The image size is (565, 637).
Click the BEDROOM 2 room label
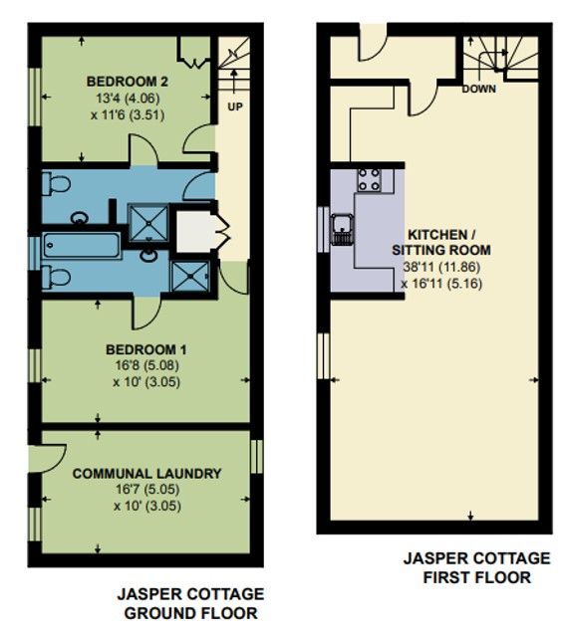pos(126,82)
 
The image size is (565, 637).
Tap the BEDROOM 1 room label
pos(146,349)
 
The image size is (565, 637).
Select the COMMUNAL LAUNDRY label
pos(146,474)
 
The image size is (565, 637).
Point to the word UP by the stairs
pos(235,106)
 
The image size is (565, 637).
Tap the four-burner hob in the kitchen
pos(369,180)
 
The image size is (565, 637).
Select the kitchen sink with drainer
pos(342,228)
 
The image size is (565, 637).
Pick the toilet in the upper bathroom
pos(56,184)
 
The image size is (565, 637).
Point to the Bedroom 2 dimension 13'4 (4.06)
pos(126,98)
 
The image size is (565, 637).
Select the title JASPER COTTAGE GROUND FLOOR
pos(190,603)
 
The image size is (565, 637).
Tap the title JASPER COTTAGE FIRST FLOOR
pos(476,567)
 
